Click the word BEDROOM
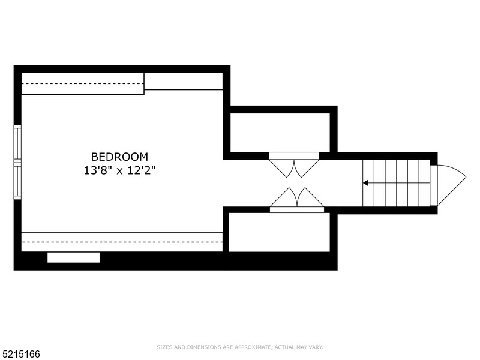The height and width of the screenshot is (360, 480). (x=119, y=157)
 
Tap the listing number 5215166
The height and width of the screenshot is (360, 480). (x=20, y=354)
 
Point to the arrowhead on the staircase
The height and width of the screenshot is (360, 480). (x=365, y=182)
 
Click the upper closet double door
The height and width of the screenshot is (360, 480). (x=294, y=166)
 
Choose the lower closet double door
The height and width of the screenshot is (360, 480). (x=296, y=199)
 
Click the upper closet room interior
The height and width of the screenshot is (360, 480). (x=280, y=132)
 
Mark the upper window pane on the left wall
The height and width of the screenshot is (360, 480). (x=17, y=143)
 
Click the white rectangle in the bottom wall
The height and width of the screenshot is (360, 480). (x=74, y=257)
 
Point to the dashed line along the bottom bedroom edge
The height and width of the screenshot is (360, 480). (x=122, y=242)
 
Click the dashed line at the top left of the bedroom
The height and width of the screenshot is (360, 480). (x=83, y=83)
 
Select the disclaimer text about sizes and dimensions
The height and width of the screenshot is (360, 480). (x=240, y=347)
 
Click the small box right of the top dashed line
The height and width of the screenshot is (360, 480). (x=184, y=82)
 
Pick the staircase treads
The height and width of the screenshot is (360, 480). (x=396, y=182)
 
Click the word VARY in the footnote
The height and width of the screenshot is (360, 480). (x=316, y=347)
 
